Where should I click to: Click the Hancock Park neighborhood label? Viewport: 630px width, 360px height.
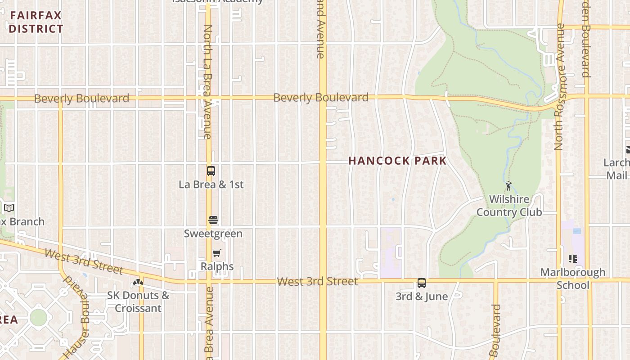(397, 161)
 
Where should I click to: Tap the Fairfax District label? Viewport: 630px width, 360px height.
(36, 22)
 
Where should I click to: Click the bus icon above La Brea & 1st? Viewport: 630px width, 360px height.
(211, 171)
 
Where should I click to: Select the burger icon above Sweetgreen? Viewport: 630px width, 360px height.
(213, 220)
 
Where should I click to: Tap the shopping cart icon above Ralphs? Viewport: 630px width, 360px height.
(217, 253)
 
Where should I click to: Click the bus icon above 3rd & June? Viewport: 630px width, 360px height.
(422, 283)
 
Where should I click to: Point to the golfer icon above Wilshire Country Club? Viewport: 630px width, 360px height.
(508, 185)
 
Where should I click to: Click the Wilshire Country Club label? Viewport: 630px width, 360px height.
(509, 206)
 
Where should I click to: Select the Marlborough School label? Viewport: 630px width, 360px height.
(572, 279)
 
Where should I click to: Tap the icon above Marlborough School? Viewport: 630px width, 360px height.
(572, 258)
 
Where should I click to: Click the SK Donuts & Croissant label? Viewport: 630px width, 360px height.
(138, 301)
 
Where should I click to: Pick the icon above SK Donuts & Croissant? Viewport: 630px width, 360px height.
(138, 283)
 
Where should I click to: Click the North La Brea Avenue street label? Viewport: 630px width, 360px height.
(207, 81)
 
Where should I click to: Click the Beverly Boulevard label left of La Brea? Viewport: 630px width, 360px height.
(81, 99)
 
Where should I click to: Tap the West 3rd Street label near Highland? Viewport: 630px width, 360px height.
(317, 282)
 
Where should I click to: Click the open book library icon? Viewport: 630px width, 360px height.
(9, 208)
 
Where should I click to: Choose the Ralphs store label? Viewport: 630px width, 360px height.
(217, 266)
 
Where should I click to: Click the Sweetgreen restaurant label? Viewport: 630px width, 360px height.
(213, 234)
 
